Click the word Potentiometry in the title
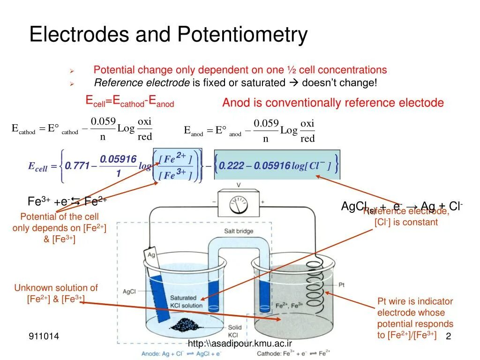[x=242, y=35]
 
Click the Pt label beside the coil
[x=342, y=285]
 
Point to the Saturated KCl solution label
[x=186, y=301]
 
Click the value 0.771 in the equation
[x=77, y=165]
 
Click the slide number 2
[x=448, y=337]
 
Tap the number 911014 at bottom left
[x=44, y=336]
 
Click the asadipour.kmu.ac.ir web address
[x=240, y=344]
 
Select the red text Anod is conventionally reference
[x=333, y=103]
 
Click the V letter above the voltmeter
[x=238, y=185]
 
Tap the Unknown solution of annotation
[x=56, y=288]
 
